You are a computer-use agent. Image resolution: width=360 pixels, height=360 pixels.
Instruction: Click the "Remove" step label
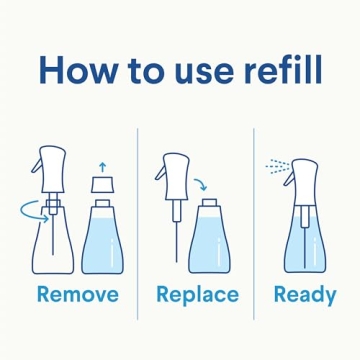coord(76,294)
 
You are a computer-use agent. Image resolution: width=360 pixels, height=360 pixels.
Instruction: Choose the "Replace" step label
coord(197,294)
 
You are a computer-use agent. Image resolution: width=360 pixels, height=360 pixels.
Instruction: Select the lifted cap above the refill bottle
coord(102,185)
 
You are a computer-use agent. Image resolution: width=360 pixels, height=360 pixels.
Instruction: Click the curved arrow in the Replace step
coord(201,184)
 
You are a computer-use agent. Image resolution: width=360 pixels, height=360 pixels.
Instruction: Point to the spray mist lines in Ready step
coord(274,164)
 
